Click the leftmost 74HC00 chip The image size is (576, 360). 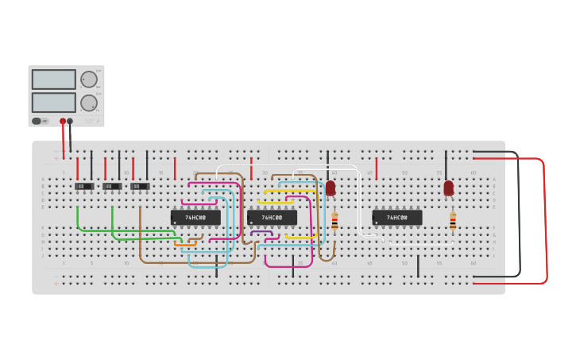coord(195,217)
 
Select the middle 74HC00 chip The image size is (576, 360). coord(272,217)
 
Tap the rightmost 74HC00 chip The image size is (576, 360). coord(396,217)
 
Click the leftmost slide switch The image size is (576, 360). coord(84,186)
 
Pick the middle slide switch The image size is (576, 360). coord(112,186)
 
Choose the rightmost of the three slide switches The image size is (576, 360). coord(140,186)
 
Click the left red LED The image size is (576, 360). coord(331,188)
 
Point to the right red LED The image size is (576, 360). coord(449,188)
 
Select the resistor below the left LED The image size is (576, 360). coord(334,222)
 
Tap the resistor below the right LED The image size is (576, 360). coord(453,222)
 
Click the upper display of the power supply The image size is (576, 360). coord(54,79)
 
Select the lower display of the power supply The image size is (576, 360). coord(54,103)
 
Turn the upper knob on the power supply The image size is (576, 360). coord(88,79)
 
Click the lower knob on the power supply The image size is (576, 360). coord(88,103)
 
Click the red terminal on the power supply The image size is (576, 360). coord(63,122)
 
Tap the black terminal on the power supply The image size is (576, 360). coord(70,122)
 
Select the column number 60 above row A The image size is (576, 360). coord(474,172)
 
